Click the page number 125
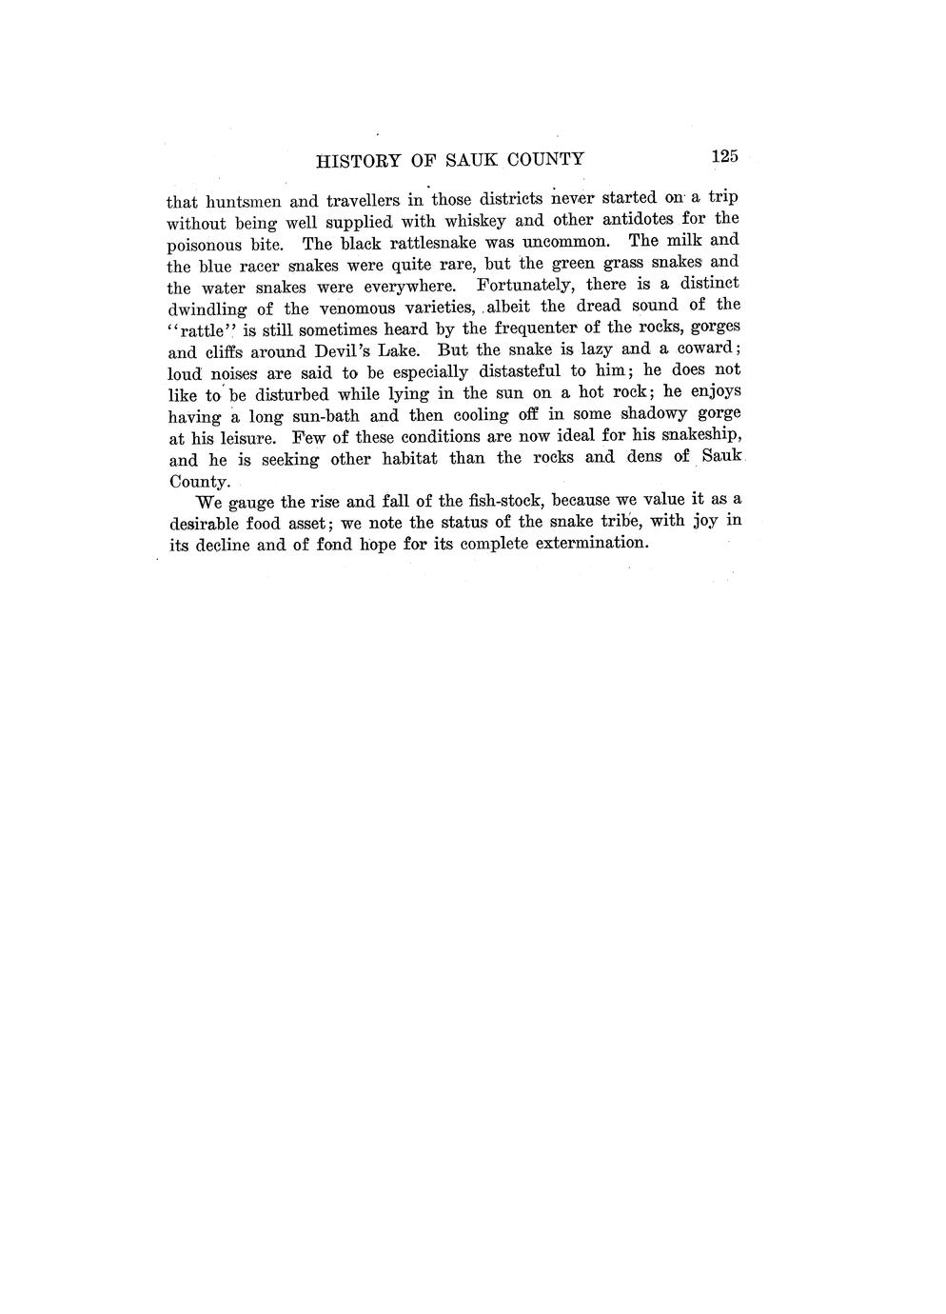tap(723, 157)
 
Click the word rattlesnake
tap(424, 243)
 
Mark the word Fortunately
tap(524, 285)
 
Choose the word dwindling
tap(207, 309)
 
